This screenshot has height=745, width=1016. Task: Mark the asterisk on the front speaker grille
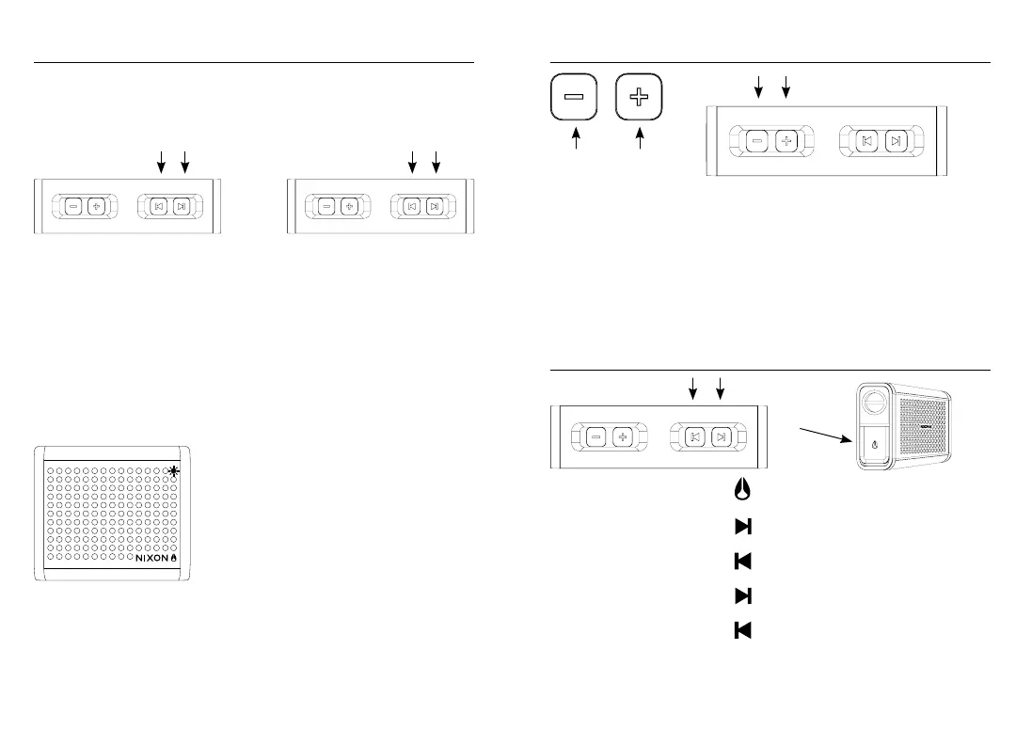click(x=174, y=472)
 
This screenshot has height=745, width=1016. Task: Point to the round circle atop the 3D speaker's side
click(x=875, y=402)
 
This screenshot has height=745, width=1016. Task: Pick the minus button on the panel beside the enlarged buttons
click(x=757, y=141)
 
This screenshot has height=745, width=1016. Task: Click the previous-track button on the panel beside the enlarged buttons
click(x=867, y=141)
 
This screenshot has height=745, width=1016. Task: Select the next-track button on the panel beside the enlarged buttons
click(x=897, y=141)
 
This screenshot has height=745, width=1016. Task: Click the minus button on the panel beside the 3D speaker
click(x=596, y=437)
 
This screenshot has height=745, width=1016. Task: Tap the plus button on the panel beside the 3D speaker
click(x=622, y=437)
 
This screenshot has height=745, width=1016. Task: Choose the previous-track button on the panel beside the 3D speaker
click(x=693, y=437)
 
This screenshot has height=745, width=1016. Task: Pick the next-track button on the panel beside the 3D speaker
click(x=720, y=437)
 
